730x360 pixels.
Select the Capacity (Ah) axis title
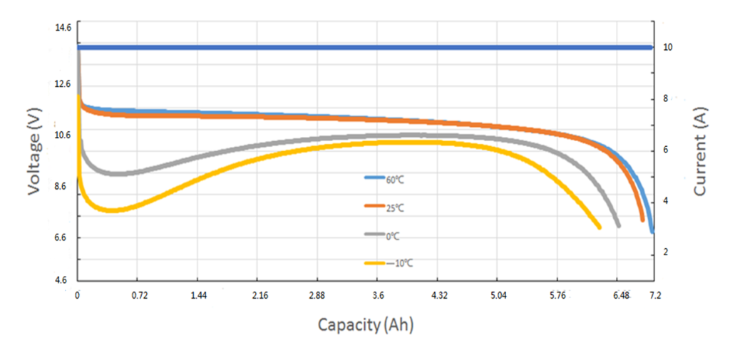tap(366, 325)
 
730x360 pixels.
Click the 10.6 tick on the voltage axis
tap(63, 135)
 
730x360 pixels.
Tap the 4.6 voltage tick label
tap(63, 280)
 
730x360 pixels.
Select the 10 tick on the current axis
tap(668, 47)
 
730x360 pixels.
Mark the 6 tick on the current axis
tap(666, 150)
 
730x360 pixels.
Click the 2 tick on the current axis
tap(666, 252)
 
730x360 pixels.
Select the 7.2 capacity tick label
tap(655, 295)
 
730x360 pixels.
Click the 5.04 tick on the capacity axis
tap(499, 295)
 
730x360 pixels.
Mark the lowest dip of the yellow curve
tap(111, 210)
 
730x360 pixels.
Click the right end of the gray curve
tap(618, 225)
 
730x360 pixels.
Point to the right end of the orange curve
tap(643, 220)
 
